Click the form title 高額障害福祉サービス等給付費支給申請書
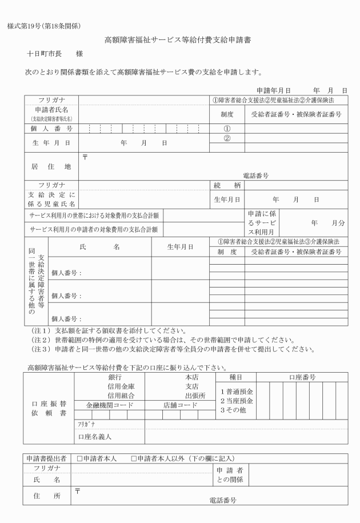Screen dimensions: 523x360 tap(178, 41)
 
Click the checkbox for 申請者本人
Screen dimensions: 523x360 tap(80, 458)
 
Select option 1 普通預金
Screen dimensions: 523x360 tap(237, 391)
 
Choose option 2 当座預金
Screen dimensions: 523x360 tap(237, 401)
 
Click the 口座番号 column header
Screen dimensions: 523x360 tap(302, 377)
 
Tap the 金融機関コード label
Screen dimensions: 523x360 tap(110, 405)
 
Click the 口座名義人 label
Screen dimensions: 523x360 tap(95, 437)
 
